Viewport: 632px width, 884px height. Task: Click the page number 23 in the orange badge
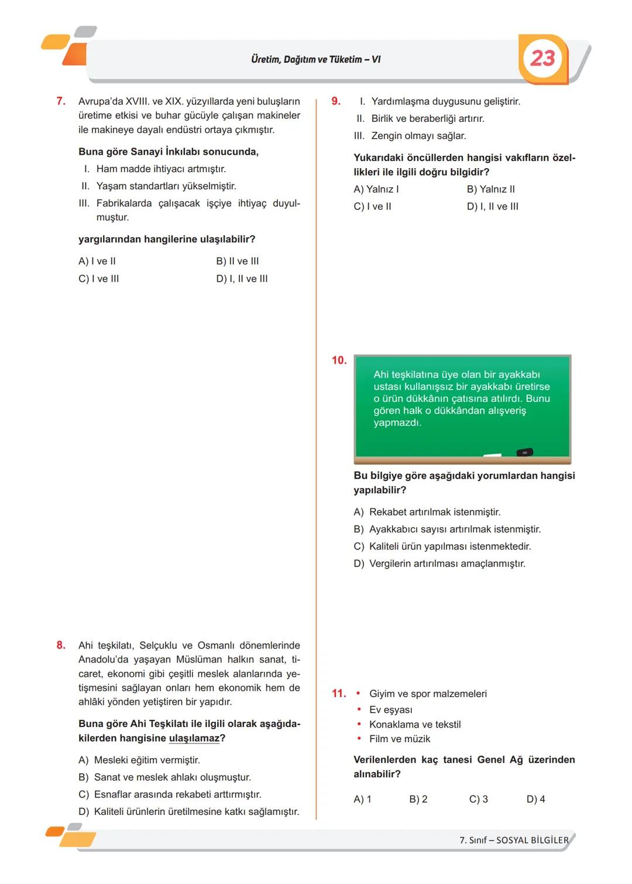542,58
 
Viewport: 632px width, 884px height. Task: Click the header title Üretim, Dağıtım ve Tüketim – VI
315,59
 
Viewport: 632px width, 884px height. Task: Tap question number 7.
61,101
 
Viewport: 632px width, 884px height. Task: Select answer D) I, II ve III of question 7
242,279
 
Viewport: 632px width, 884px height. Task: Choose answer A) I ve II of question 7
97,261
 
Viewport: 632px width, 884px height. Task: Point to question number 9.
336,101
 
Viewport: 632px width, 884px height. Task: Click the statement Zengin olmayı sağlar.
418,136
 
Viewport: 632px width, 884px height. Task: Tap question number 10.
339,360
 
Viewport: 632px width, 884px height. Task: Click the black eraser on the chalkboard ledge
524,452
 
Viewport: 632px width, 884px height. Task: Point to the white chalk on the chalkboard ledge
492,455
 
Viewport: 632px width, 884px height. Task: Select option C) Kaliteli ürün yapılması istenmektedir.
442,547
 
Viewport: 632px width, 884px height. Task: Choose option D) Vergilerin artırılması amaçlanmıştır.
439,564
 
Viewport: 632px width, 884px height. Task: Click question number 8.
61,646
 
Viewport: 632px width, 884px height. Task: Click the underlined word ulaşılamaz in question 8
194,738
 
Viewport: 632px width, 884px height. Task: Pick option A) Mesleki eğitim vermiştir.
139,760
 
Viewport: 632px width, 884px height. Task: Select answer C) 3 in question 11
478,799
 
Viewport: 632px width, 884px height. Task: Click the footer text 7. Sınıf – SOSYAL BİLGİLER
513,840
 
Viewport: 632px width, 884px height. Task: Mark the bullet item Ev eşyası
390,710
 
